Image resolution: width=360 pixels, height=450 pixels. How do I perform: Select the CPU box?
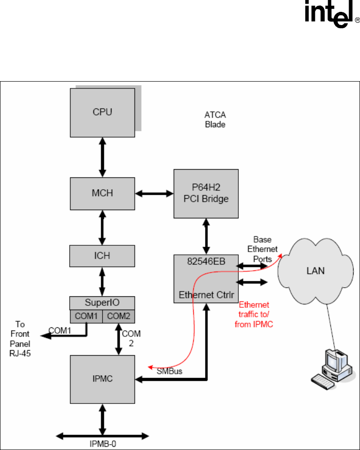102,112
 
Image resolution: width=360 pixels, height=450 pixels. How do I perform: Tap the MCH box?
102,193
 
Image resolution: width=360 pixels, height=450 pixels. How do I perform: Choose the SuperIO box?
102,303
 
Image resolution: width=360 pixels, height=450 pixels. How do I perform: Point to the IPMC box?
102,378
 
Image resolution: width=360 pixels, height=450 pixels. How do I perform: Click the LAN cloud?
315,270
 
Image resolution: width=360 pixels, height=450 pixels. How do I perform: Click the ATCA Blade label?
215,120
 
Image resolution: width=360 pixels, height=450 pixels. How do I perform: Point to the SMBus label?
170,371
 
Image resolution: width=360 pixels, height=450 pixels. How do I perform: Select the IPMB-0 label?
103,443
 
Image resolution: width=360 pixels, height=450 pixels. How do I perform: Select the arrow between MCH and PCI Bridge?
154,193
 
